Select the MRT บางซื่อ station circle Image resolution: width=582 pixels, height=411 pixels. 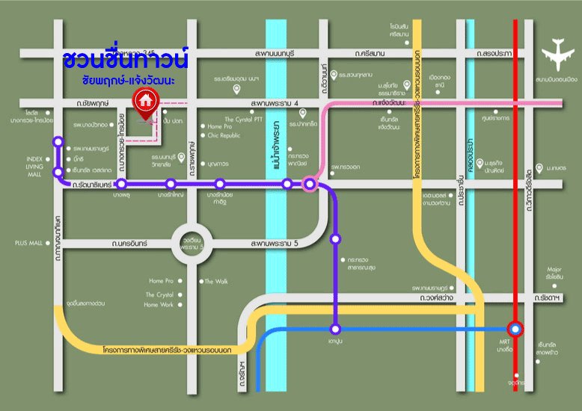click(515, 329)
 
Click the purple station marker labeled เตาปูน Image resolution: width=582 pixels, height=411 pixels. click(335, 329)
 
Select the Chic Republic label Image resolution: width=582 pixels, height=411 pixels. click(224, 135)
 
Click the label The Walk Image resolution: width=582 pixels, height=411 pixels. click(216, 281)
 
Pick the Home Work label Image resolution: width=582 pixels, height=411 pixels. click(159, 305)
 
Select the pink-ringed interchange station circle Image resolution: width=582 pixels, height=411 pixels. click(310, 184)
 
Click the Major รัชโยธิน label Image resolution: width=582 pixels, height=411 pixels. click(554, 273)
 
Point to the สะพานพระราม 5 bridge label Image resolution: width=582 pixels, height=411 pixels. click(275, 244)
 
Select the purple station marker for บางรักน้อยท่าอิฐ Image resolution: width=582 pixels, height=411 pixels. click(219, 184)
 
